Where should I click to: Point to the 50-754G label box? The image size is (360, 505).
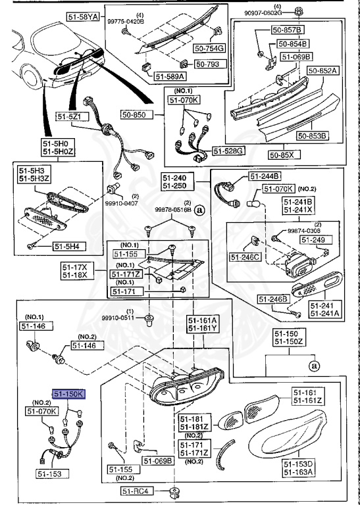point(209,47)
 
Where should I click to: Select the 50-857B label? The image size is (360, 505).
point(290,31)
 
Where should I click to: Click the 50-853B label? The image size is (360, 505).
point(312,136)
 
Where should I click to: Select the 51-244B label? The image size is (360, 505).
point(265,176)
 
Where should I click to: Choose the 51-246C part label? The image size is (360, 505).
point(246,256)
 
